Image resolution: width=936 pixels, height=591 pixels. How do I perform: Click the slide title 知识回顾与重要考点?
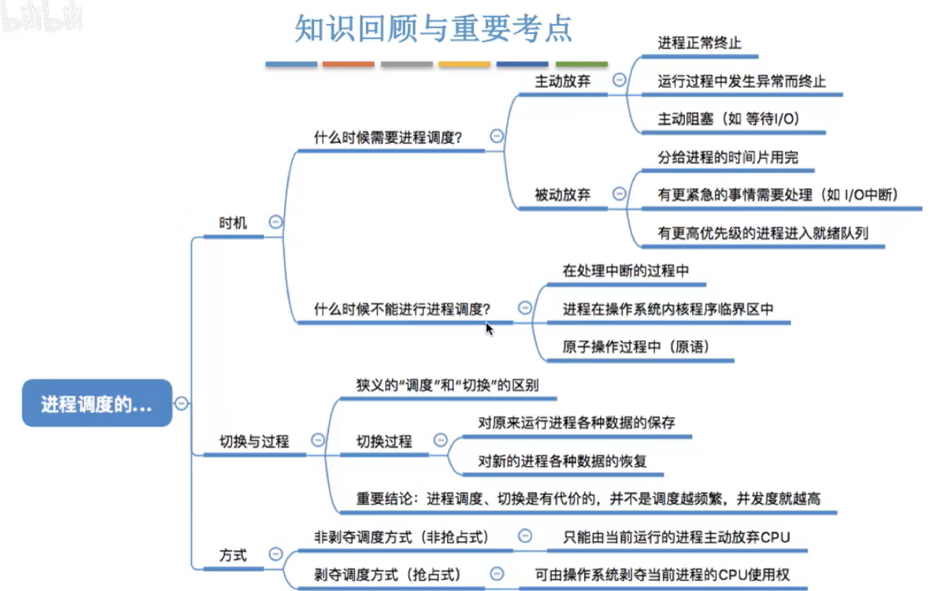[x=433, y=29]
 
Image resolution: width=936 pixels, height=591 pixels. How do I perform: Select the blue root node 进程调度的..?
[x=97, y=404]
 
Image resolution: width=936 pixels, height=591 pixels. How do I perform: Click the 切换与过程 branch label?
[x=254, y=441]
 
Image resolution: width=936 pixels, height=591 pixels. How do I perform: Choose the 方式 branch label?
[x=233, y=555]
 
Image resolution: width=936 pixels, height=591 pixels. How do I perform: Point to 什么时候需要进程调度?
[x=388, y=137]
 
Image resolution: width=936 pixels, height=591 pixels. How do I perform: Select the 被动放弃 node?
[x=563, y=195]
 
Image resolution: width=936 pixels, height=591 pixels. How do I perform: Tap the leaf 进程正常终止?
[x=699, y=43]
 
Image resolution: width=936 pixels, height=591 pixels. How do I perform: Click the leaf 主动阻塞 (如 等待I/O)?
[x=728, y=119]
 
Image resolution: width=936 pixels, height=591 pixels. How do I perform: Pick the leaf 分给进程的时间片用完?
[x=728, y=157]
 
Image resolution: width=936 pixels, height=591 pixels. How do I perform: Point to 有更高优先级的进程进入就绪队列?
[x=763, y=233]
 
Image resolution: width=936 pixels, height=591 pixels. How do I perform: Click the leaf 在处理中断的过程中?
[x=625, y=271]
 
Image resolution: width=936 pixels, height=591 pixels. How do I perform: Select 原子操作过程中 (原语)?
[x=636, y=346]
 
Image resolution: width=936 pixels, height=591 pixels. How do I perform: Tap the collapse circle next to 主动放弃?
[x=619, y=80]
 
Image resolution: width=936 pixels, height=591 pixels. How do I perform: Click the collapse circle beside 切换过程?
[x=440, y=440]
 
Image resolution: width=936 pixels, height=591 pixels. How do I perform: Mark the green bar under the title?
[x=582, y=64]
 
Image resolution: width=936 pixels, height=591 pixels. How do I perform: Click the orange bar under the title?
[x=348, y=64]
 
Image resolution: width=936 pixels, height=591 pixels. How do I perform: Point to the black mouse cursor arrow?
[x=489, y=328]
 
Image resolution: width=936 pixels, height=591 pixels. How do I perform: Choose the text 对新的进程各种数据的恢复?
[x=563, y=461]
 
